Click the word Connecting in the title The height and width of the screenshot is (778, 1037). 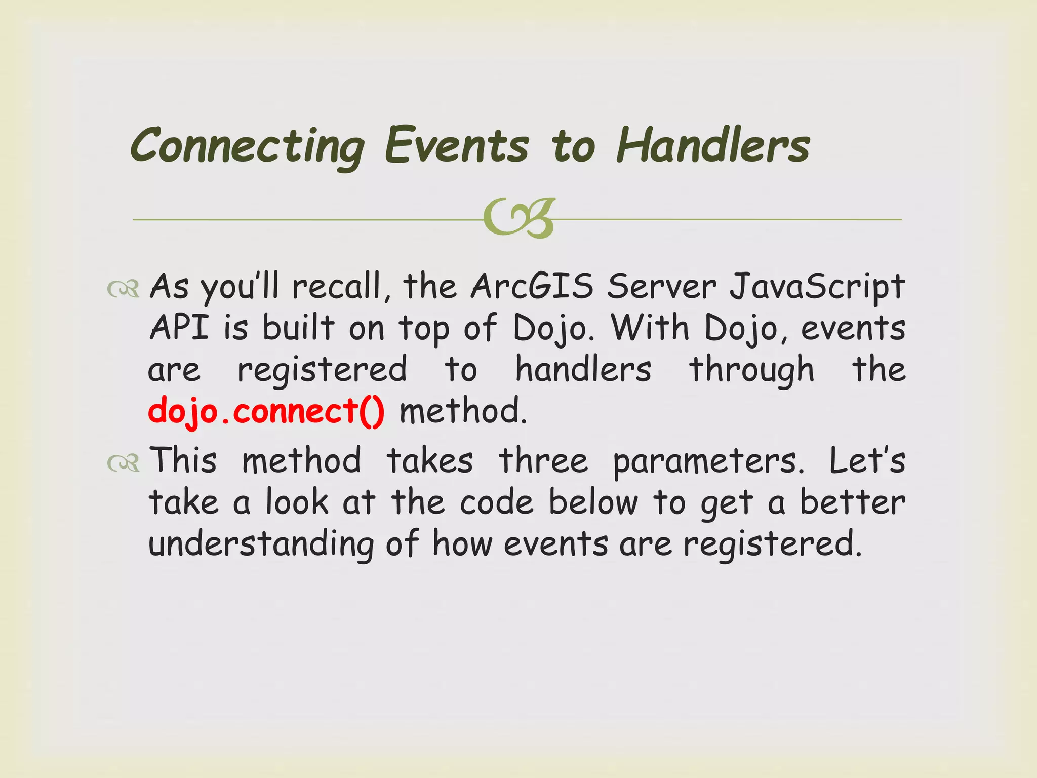pyautogui.click(x=247, y=147)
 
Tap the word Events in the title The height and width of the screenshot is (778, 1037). pyautogui.click(x=457, y=146)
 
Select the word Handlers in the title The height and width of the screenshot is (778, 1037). pyautogui.click(x=713, y=146)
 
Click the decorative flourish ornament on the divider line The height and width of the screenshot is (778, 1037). pyautogui.click(x=519, y=218)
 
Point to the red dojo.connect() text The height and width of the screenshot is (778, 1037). pyautogui.click(x=266, y=411)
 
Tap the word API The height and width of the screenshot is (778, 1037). pyautogui.click(x=179, y=328)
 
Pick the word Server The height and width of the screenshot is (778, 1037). pyautogui.click(x=662, y=287)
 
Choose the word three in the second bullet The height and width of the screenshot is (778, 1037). pyautogui.click(x=543, y=461)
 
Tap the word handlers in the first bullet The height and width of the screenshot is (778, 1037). pyautogui.click(x=583, y=369)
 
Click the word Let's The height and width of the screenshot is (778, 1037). pyautogui.click(x=867, y=461)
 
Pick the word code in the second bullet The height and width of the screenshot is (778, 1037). pyautogui.click(x=497, y=502)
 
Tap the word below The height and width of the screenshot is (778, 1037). pyautogui.click(x=593, y=502)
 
